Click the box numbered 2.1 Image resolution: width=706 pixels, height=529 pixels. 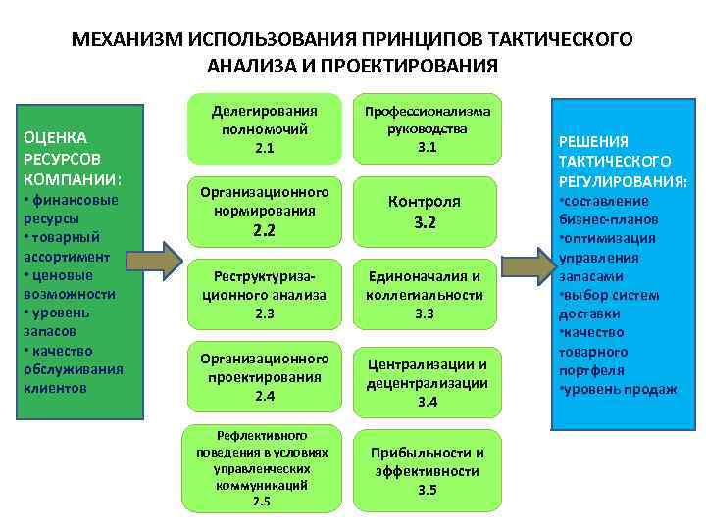coord(264,127)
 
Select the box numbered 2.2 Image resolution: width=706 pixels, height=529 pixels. coord(264,211)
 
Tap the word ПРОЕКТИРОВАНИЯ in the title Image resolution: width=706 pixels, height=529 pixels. coord(416,66)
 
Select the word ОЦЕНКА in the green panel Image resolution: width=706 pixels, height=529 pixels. coord(55,137)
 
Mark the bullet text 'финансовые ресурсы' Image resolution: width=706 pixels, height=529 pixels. coord(69,210)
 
